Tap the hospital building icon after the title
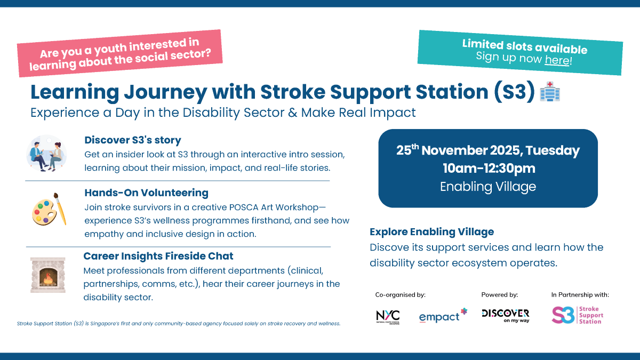point(550,92)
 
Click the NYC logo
point(387,316)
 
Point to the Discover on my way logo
point(505,316)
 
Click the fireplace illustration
point(48,275)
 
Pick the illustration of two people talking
point(46,153)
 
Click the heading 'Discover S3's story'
point(133,140)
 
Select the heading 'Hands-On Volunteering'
point(146,193)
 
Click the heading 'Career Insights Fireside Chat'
point(158,256)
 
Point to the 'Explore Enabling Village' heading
point(431,232)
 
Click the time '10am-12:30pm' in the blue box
point(488,169)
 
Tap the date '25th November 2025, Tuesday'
point(487,151)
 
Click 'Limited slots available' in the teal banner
point(524,46)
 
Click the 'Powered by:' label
point(499,294)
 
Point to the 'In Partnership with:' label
point(580,294)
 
